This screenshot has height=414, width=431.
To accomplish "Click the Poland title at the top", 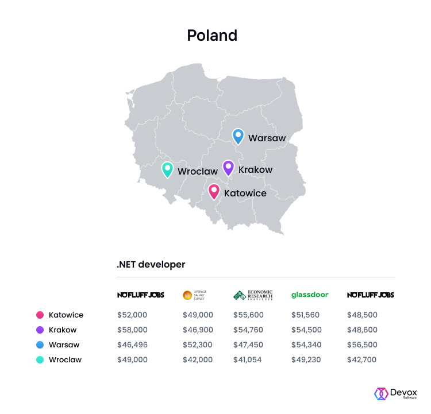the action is tap(212, 36).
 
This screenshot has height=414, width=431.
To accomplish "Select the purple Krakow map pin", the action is tap(228, 168).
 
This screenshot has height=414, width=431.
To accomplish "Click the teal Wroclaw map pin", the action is tap(167, 169).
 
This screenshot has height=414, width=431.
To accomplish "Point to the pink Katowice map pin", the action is tap(214, 191).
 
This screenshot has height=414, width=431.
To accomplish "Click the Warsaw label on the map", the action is tap(267, 138).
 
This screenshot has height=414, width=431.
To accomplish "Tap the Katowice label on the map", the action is tap(245, 194).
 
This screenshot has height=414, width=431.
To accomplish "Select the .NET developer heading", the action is tap(151, 265).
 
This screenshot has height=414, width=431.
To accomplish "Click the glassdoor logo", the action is tap(310, 295).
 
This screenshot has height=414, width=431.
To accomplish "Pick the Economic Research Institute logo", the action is tap(253, 295).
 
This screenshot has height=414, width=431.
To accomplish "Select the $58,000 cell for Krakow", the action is tap(132, 330).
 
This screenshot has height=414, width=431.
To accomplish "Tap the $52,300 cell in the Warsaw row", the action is tap(198, 345).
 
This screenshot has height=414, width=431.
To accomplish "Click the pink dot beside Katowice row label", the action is tap(40, 315).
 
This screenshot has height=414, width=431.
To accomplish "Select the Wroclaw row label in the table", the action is tap(65, 360).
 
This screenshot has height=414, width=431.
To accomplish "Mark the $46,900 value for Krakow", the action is tap(198, 330).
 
